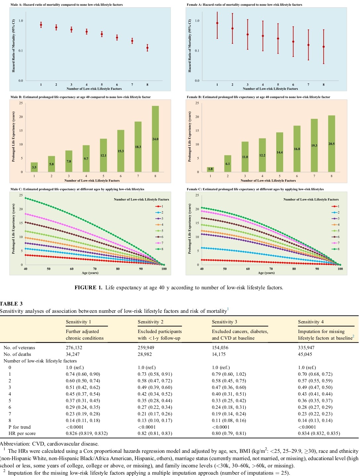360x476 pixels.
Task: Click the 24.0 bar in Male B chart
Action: tap(155, 139)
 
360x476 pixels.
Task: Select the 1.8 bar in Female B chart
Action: tap(210, 169)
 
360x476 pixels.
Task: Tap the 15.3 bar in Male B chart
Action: tap(121, 151)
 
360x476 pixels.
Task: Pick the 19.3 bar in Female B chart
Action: tap(314, 145)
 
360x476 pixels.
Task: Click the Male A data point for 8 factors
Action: tap(147, 48)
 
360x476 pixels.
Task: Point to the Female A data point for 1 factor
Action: tap(217, 23)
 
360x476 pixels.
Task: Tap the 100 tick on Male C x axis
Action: tap(164, 269)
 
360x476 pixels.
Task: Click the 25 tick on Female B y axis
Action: tap(197, 103)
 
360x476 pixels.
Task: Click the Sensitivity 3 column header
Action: tap(225, 322)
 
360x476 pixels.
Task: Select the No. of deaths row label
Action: tap(17, 354)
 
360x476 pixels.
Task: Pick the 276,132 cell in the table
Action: tap(74, 348)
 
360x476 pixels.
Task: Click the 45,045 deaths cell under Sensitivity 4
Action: tap(305, 354)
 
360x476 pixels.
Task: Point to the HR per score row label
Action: tap(22, 433)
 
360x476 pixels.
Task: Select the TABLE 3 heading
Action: tap(11, 304)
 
